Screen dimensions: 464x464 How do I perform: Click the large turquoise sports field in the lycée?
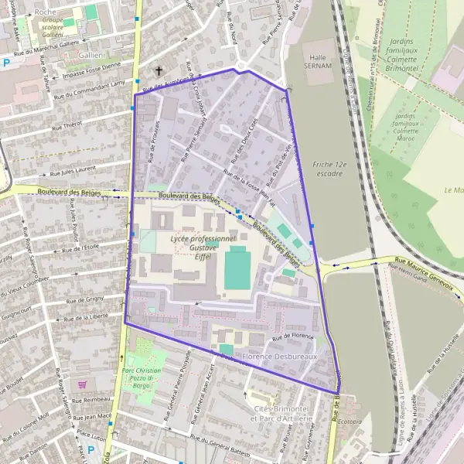click(x=237, y=268)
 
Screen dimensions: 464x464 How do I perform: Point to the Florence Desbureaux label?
click(x=279, y=357)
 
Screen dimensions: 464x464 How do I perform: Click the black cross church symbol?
click(x=159, y=71)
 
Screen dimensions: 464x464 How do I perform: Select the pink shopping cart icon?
click(x=83, y=384)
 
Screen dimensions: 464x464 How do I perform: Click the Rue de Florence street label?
click(x=292, y=337)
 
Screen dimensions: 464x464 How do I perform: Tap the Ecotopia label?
click(x=350, y=421)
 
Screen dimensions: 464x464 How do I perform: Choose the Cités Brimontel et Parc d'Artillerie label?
click(x=280, y=414)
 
